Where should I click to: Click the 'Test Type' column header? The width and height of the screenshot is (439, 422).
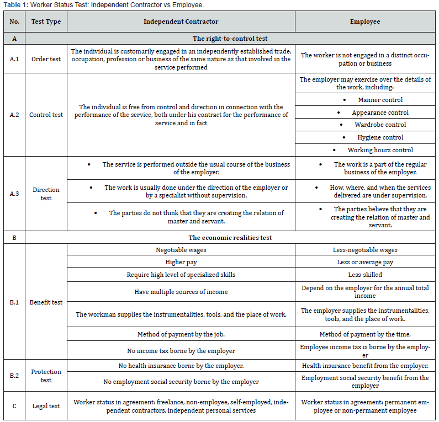(46, 22)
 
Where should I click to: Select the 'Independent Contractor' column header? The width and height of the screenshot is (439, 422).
(181, 22)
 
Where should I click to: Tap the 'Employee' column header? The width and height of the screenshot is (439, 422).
(365, 22)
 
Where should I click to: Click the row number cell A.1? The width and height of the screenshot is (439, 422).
(14, 59)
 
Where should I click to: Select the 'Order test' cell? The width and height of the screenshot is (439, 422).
(46, 59)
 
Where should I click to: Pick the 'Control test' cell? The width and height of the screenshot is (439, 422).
(46, 115)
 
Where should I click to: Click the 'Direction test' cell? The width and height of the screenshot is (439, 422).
(46, 194)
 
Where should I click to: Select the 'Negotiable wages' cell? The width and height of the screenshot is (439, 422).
(181, 250)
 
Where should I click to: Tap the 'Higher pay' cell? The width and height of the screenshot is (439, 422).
(181, 262)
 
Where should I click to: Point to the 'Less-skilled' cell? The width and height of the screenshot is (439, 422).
(365, 274)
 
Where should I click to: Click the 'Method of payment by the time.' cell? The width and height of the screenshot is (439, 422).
(365, 334)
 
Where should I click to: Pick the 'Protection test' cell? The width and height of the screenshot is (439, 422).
(46, 376)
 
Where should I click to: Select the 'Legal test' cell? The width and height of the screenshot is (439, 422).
(46, 406)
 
